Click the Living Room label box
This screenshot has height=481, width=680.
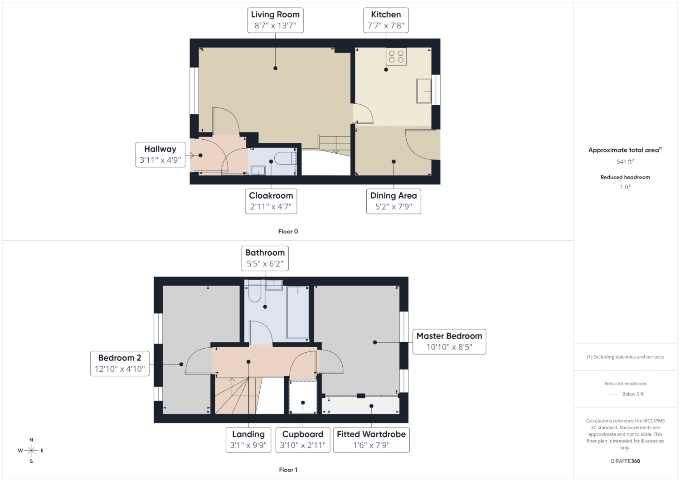275,20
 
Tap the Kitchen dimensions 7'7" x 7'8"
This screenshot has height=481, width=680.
386,25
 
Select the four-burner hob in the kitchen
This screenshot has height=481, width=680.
396,57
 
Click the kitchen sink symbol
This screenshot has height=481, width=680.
423,91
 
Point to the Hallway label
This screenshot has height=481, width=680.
160,155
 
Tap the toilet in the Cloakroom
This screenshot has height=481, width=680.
285,158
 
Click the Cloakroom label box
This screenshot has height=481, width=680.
271,201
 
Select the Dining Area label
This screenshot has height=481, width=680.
393,201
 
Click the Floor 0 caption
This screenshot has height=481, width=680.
288,231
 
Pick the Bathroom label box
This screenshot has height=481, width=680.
265,258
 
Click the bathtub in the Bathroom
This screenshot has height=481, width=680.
298,312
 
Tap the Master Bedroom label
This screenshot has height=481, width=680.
449,342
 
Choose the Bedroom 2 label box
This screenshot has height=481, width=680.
120,364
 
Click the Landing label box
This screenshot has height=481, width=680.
248,440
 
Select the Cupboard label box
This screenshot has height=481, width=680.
303,440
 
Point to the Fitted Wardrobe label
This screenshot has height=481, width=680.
371,440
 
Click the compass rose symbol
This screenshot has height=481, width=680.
31,450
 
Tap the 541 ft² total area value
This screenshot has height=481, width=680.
625,161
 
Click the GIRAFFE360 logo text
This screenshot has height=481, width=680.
625,461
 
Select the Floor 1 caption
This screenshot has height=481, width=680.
288,470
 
